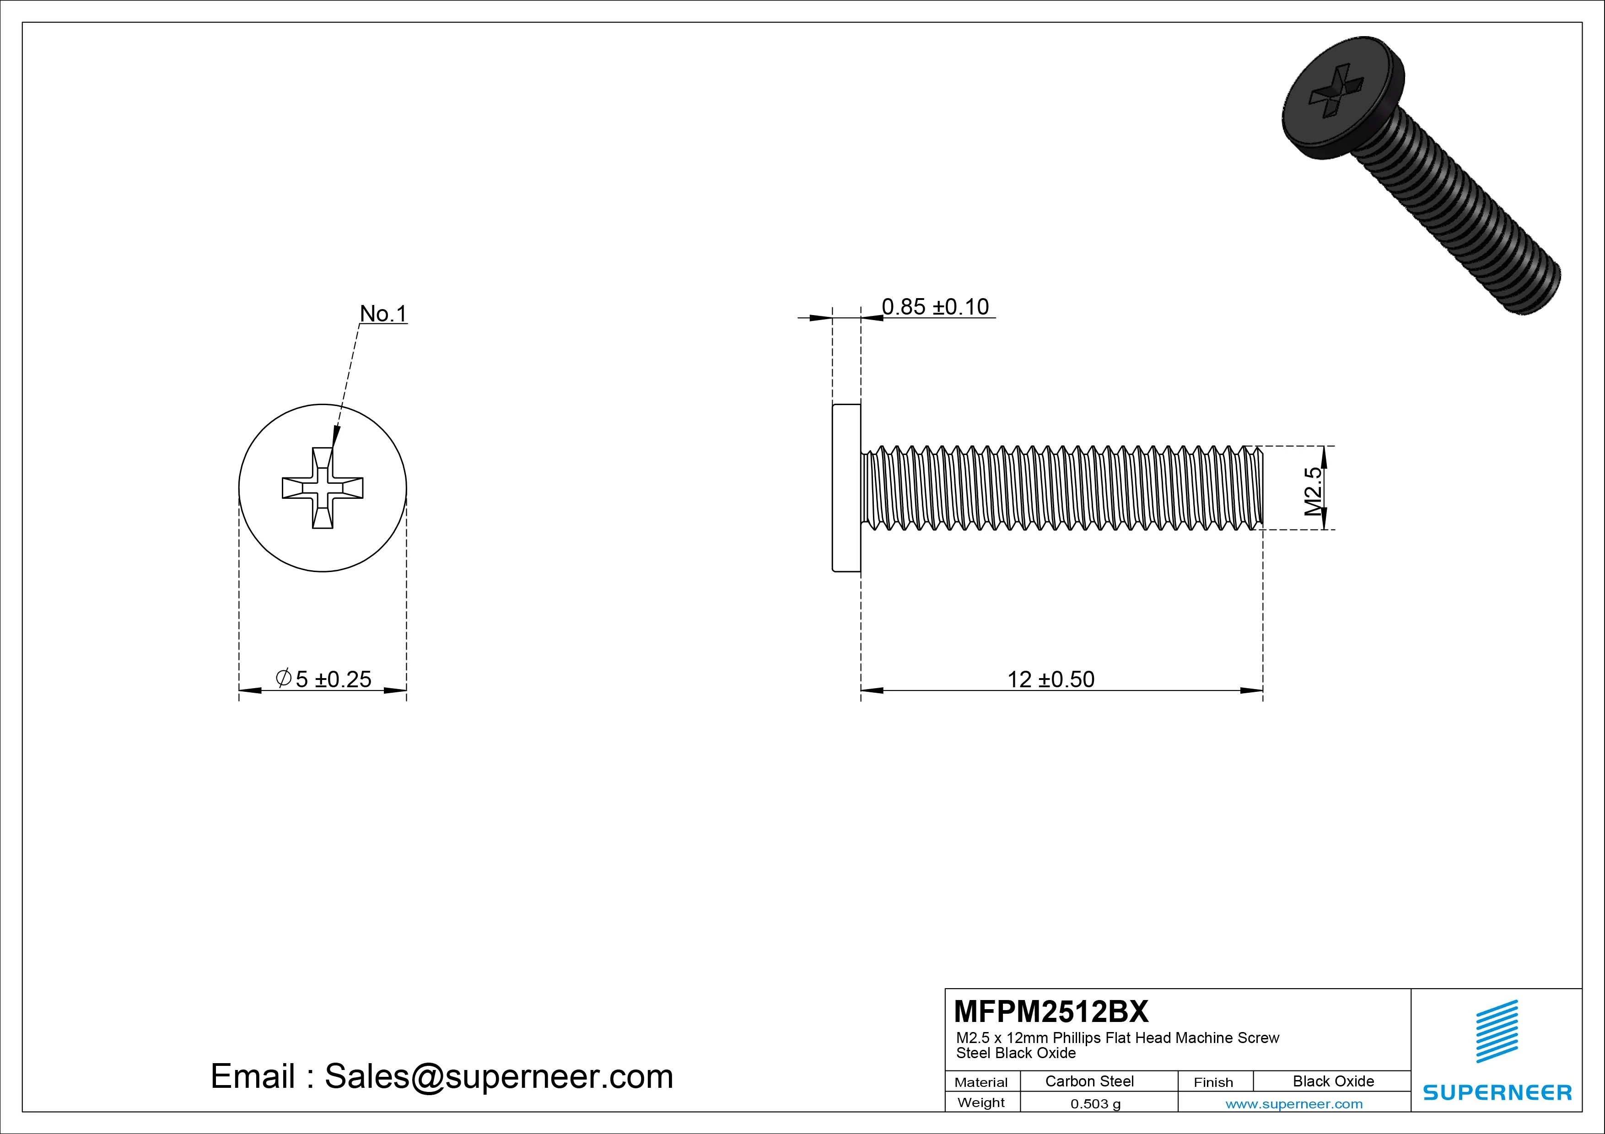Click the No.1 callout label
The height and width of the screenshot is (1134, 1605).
pyautogui.click(x=382, y=314)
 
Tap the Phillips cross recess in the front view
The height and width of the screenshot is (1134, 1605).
pyautogui.click(x=322, y=488)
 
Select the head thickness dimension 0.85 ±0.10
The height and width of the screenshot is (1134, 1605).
pyautogui.click(x=935, y=307)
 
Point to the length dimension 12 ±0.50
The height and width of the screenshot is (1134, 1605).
pyautogui.click(x=1050, y=679)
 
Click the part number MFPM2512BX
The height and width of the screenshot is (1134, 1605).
pyautogui.click(x=1050, y=1011)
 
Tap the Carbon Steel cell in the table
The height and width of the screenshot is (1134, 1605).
pyautogui.click(x=1089, y=1081)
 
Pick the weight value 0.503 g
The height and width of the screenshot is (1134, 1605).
pyautogui.click(x=1095, y=1104)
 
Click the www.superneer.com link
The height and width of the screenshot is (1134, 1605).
pyautogui.click(x=1293, y=1104)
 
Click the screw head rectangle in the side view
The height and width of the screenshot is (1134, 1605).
pyautogui.click(x=846, y=488)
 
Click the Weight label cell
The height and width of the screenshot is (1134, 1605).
pyautogui.click(x=981, y=1102)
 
